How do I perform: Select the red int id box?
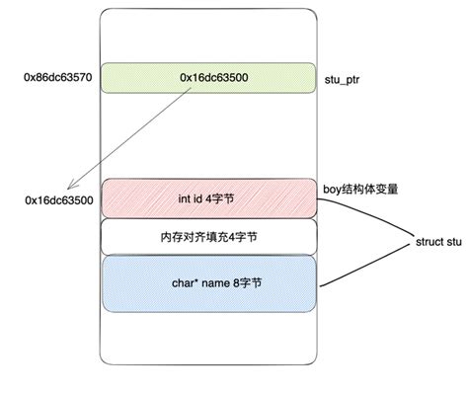coord(208,198)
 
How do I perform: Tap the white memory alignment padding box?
coord(208,237)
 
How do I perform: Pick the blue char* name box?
coord(208,283)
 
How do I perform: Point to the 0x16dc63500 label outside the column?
coord(59,200)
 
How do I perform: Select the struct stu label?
coord(437,240)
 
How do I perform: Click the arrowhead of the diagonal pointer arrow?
coord(68,189)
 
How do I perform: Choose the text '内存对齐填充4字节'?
coord(208,237)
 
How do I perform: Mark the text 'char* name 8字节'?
coord(209,283)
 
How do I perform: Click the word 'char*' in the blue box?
coord(183,283)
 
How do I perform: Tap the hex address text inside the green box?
coord(213,76)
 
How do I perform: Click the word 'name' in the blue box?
coord(211,283)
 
